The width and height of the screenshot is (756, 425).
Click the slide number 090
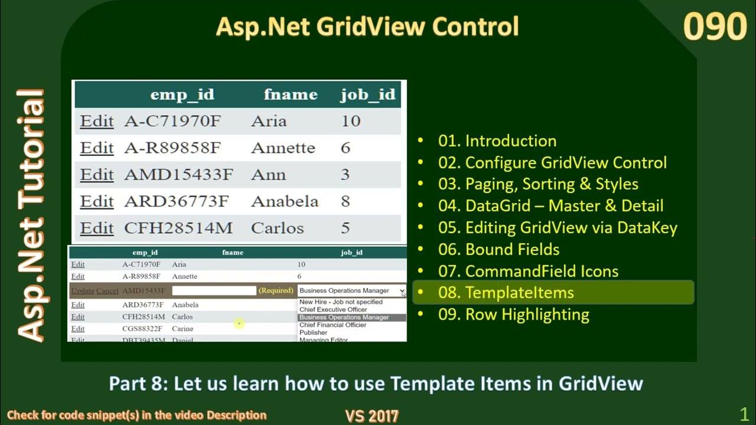click(x=715, y=27)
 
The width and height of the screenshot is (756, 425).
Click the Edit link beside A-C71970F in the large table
click(x=97, y=121)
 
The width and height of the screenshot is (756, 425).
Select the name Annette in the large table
click(x=283, y=148)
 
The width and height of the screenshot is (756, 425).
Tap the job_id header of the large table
click(x=367, y=94)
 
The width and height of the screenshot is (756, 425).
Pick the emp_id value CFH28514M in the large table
click(x=178, y=228)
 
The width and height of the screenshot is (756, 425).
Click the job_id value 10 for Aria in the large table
click(x=351, y=121)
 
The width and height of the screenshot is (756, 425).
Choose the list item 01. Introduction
click(x=497, y=141)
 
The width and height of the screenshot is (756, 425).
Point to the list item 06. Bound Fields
click(x=498, y=250)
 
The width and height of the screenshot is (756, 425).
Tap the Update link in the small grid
click(x=82, y=291)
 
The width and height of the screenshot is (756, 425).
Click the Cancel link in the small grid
click(x=107, y=291)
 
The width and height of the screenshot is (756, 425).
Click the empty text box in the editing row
click(x=214, y=291)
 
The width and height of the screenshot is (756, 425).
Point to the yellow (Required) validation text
click(x=276, y=290)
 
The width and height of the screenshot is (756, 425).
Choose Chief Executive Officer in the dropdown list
click(x=333, y=309)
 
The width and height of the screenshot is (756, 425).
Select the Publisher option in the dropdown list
click(x=313, y=332)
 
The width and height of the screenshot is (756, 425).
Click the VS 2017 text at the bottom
click(x=372, y=416)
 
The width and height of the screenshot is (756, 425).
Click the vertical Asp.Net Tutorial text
click(x=31, y=215)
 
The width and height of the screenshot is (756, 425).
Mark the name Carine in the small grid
click(x=183, y=329)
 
